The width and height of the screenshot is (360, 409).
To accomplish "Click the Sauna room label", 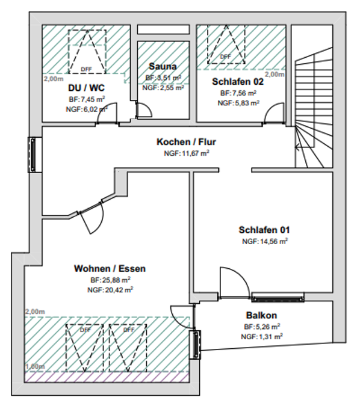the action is pyautogui.click(x=163, y=66).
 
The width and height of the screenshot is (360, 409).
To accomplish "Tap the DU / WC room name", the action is pyautogui.click(x=87, y=88).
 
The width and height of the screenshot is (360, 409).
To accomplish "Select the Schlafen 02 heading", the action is pyautogui.click(x=238, y=82).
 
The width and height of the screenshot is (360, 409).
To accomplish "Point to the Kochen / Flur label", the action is pyautogui.click(x=186, y=142).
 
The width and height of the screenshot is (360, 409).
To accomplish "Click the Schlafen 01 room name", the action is pyautogui.click(x=264, y=230).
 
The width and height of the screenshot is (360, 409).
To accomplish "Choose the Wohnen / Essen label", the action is pyautogui.click(x=110, y=268).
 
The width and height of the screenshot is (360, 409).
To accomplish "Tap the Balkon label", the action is pyautogui.click(x=261, y=315).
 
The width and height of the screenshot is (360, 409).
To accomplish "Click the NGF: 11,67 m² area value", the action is pyautogui.click(x=187, y=153).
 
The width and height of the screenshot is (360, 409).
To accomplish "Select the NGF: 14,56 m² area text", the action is pyautogui.click(x=265, y=241).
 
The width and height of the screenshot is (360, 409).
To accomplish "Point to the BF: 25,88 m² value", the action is pyautogui.click(x=110, y=280).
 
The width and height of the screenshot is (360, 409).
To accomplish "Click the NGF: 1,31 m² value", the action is pyautogui.click(x=262, y=337).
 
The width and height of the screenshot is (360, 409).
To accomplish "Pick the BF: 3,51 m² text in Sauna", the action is pyautogui.click(x=163, y=78).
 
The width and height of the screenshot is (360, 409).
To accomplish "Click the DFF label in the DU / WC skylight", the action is pyautogui.click(x=87, y=69).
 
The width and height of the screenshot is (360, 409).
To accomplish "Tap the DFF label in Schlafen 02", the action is pyautogui.click(x=225, y=57).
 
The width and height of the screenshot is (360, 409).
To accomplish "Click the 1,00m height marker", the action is pyautogui.click(x=35, y=366).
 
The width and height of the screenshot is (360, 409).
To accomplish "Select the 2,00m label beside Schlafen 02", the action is pyautogui.click(x=275, y=75).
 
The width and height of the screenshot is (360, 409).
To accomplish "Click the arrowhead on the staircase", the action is pyautogui.click(x=297, y=147).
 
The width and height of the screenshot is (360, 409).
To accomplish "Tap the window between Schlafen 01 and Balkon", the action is pyautogui.click(x=278, y=297).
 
